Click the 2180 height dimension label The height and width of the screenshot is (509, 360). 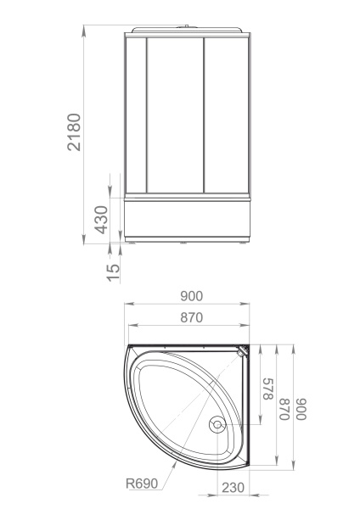click(x=74, y=132)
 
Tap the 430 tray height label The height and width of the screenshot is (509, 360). click(x=101, y=220)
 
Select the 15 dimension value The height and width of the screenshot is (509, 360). click(x=114, y=272)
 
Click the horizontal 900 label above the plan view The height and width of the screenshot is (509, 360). click(x=191, y=296)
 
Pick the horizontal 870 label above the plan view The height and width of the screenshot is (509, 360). click(x=191, y=317)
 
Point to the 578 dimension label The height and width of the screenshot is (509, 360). click(x=267, y=389)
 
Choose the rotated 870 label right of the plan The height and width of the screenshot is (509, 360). click(x=284, y=409)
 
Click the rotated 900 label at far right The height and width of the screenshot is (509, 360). click(x=301, y=409)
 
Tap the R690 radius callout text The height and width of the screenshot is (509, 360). click(x=142, y=484)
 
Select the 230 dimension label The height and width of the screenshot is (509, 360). click(x=233, y=487)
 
